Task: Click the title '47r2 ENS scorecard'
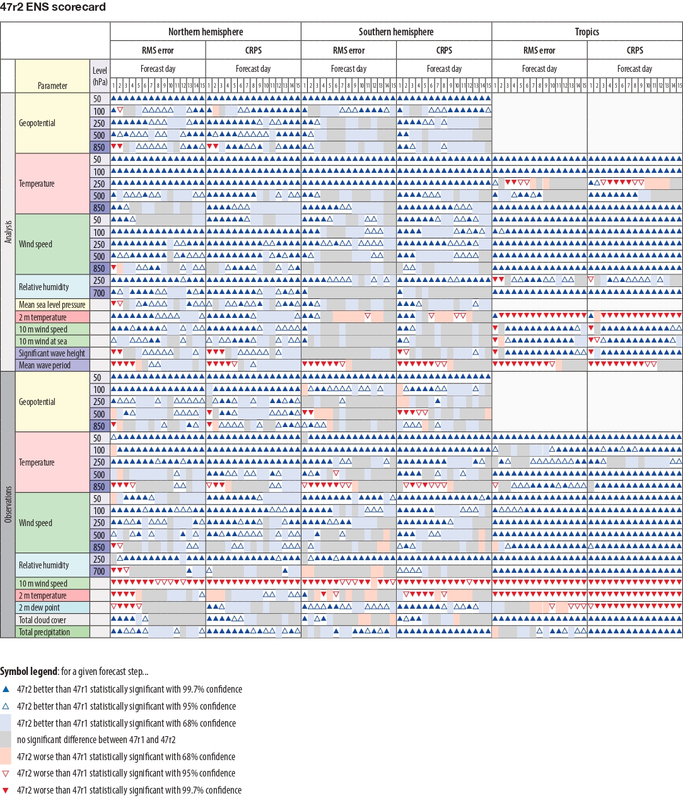click(53, 7)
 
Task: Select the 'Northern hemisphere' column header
click(206, 32)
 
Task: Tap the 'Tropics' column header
click(587, 32)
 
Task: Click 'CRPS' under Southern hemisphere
click(444, 50)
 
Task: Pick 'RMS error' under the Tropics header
click(539, 50)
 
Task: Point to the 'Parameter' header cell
click(52, 85)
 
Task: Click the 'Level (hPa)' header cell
click(100, 76)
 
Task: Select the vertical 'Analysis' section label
click(8, 232)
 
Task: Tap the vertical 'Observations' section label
click(8, 504)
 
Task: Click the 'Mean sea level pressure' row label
click(52, 305)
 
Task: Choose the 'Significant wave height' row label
click(52, 353)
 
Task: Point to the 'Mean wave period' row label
click(45, 365)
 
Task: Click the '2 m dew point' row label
click(40, 607)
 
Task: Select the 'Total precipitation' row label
click(45, 632)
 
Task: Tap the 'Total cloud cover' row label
click(43, 620)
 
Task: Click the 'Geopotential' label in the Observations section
click(37, 402)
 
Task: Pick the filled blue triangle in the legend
click(6, 689)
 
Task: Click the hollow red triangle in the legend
click(6, 773)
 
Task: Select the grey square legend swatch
click(6, 739)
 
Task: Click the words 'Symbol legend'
click(29, 672)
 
